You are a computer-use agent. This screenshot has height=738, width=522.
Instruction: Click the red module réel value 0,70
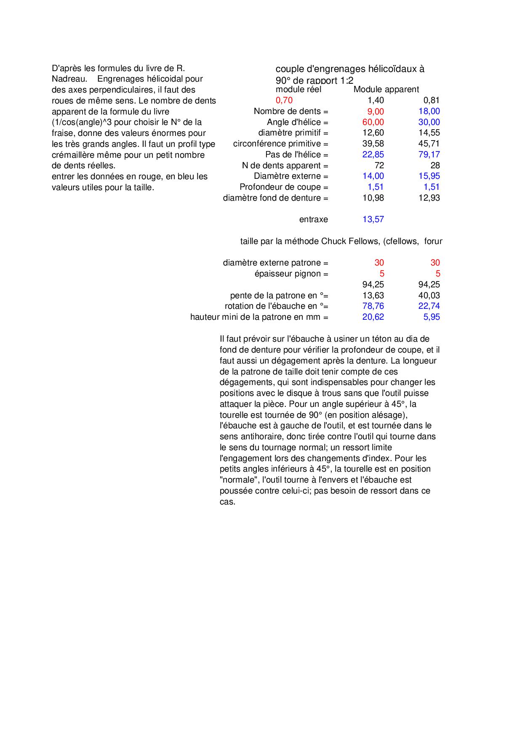[x=284, y=100]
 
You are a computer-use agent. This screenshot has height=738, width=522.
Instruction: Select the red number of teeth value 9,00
[x=373, y=111]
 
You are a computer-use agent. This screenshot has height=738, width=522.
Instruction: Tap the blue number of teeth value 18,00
[x=429, y=111]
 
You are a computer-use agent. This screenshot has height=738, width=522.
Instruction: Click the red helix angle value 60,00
[x=373, y=122]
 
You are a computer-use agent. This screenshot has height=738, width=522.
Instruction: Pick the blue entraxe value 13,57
[x=373, y=219]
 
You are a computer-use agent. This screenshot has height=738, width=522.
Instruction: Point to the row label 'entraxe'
[x=313, y=219]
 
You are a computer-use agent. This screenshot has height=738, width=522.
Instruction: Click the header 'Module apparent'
[x=386, y=89]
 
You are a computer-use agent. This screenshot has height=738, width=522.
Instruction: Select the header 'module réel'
[x=298, y=89]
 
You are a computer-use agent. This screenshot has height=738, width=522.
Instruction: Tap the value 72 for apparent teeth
[x=379, y=165]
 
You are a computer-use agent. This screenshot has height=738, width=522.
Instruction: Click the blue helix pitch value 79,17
[x=429, y=154]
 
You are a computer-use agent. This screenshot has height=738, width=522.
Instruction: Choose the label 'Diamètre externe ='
[x=291, y=176]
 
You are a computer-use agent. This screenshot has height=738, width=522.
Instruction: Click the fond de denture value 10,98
[x=373, y=198]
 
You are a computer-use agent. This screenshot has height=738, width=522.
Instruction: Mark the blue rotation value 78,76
[x=373, y=306]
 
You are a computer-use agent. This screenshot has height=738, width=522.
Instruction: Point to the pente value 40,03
[x=429, y=295]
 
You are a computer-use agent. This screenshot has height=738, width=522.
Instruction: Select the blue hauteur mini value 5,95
[x=431, y=317]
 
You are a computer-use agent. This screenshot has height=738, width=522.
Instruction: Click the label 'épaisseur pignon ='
[x=291, y=273]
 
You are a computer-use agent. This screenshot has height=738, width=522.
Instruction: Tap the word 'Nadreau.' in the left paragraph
[x=69, y=79]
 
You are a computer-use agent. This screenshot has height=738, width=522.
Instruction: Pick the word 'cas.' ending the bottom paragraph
[x=227, y=502]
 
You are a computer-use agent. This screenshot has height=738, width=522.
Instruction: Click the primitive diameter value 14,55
[x=429, y=133]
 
